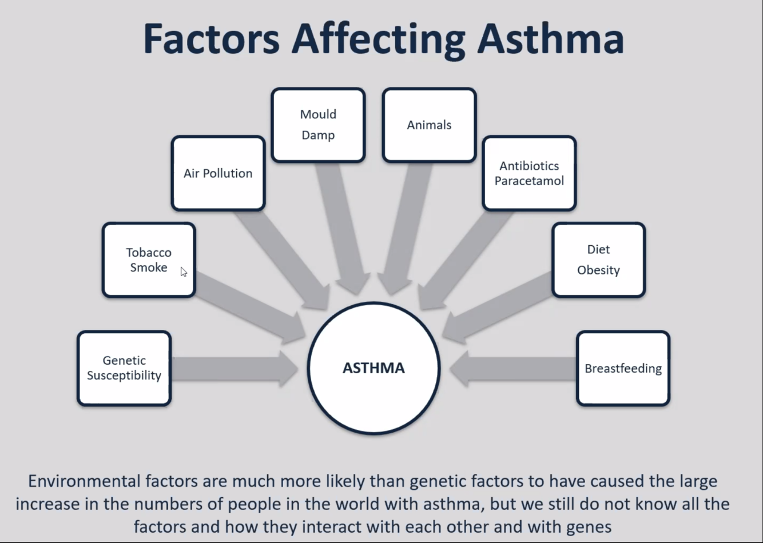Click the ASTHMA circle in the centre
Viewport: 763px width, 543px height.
373,368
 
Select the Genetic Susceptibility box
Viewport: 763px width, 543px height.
124,368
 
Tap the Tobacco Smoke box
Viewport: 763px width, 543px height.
149,260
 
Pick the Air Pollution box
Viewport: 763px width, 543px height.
218,173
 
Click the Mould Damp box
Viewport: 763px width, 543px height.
318,125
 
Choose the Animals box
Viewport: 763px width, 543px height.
429,125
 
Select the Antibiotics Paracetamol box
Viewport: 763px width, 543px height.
529,173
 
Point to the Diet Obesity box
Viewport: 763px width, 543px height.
598,260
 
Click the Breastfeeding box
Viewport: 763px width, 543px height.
623,368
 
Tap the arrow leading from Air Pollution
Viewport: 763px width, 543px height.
280,251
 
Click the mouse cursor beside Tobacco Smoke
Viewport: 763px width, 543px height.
184,272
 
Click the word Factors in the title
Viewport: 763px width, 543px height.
211,39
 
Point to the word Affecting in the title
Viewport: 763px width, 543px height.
378,39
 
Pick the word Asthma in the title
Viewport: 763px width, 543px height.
550,39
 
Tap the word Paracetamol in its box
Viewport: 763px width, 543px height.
529,181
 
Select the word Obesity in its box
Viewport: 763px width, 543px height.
598,270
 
